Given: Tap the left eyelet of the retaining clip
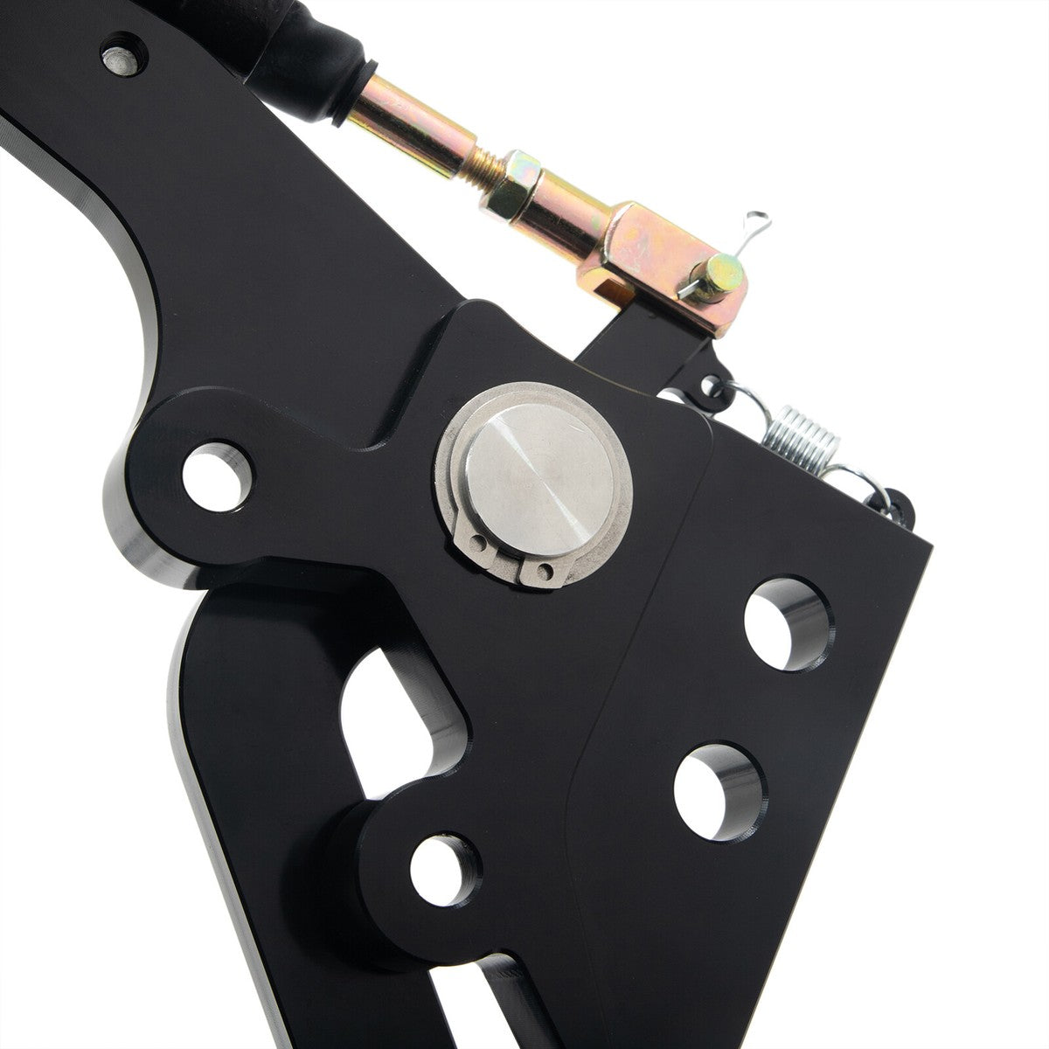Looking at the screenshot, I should coord(479,544).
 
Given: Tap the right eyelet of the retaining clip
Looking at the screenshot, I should coord(545,573).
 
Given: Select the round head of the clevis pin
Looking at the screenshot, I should coord(724,276).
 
